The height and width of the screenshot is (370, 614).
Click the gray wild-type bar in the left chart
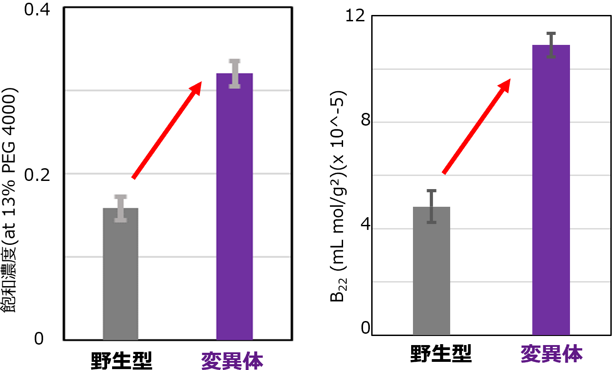coord(120,274)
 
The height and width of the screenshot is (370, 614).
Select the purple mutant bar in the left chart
coord(234,206)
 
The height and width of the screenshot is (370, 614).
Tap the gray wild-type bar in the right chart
coord(431,271)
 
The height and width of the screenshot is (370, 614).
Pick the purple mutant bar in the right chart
coord(550,190)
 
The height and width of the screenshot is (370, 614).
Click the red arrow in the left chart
coord(167,130)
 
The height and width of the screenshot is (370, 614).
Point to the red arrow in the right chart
coord(476,127)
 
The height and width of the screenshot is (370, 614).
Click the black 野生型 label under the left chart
coord(120,360)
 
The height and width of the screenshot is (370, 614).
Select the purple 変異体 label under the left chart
coord(232,360)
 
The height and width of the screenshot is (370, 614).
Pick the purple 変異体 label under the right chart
coord(551,354)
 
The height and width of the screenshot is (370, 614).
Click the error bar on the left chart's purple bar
coord(235,73)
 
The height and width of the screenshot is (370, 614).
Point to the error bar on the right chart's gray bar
coord(431,206)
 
